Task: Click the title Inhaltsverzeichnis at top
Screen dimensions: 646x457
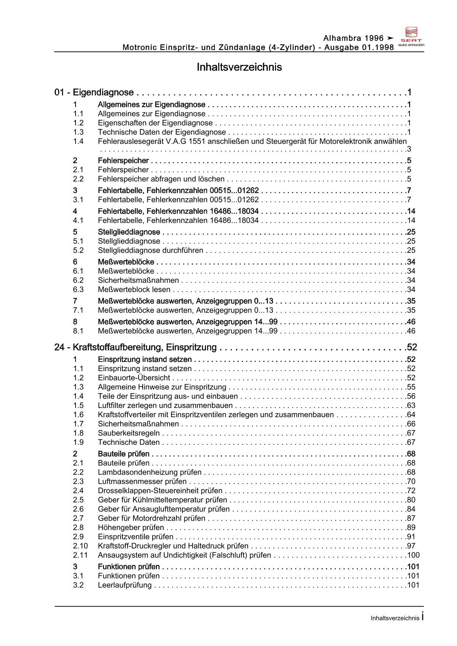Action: [x=239, y=67]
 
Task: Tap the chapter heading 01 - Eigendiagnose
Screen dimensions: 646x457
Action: [x=94, y=92]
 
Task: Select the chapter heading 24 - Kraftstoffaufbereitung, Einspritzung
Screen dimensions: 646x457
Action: [x=135, y=347]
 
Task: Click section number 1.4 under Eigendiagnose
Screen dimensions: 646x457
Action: [x=78, y=141]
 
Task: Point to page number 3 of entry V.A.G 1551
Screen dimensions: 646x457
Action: [x=409, y=149]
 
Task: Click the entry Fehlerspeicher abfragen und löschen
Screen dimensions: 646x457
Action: [x=161, y=179]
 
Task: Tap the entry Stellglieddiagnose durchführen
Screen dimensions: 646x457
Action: [x=150, y=251]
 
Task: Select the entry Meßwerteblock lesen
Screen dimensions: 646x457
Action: [x=134, y=290]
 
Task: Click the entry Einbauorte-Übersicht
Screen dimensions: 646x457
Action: [x=134, y=378]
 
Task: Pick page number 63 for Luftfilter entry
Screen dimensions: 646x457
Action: [x=411, y=405]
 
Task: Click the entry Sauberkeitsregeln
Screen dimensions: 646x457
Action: [x=129, y=433]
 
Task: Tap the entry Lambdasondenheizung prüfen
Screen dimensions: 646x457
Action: [x=150, y=472]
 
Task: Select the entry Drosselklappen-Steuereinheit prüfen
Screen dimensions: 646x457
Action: [x=160, y=490]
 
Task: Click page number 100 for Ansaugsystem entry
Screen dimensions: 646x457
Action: [x=413, y=555]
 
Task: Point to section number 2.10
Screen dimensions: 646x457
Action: [x=80, y=546]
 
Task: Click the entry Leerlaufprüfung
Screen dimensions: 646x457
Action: [x=125, y=585]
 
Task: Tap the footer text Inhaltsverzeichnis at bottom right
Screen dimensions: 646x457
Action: [x=395, y=618]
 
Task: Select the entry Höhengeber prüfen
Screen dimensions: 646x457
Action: [x=131, y=527]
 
